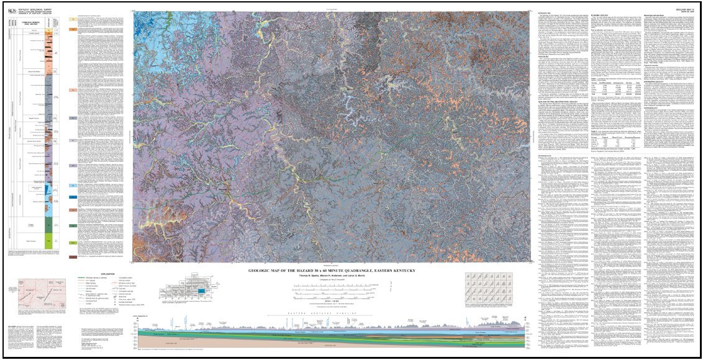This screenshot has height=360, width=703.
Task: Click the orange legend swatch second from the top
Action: click(x=72, y=27)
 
